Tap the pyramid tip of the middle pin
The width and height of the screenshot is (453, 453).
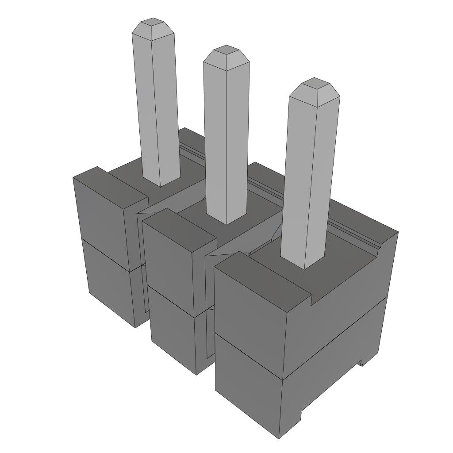point(226,49)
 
